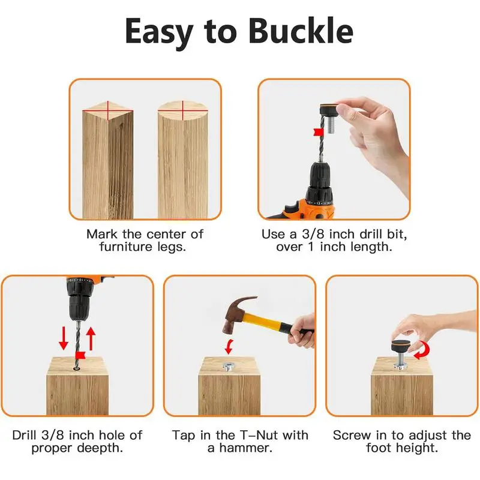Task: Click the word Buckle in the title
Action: tap(301, 31)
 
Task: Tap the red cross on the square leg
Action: tap(108, 110)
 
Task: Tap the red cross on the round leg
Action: tap(183, 110)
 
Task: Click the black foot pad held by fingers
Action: tap(329, 110)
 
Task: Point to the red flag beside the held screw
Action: tap(319, 133)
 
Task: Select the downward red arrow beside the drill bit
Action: tap(64, 338)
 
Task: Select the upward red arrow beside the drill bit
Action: tap(91, 338)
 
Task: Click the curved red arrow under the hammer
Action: tap(229, 347)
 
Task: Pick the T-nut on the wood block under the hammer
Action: tap(227, 366)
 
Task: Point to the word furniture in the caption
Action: tap(126, 247)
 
